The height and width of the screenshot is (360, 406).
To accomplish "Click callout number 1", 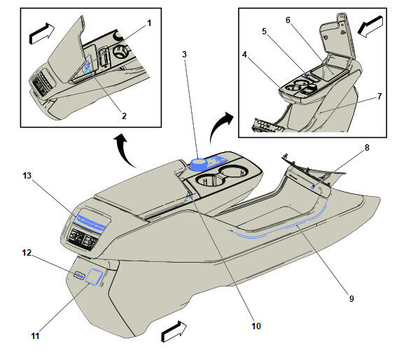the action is pyautogui.click(x=149, y=23).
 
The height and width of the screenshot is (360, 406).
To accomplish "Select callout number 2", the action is pyautogui.click(x=125, y=116).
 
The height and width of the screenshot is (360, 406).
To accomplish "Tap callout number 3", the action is pyautogui.click(x=184, y=55).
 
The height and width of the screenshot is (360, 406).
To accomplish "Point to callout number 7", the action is pyautogui.click(x=379, y=97).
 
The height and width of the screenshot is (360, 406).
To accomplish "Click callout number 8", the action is pyautogui.click(x=367, y=148).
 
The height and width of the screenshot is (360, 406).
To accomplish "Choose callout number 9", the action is pyautogui.click(x=351, y=298).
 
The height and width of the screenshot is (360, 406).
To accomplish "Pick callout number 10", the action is pyautogui.click(x=256, y=326).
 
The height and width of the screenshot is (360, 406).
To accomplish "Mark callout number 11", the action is pyautogui.click(x=35, y=336).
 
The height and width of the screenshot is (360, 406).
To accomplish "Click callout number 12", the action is pyautogui.click(x=27, y=253).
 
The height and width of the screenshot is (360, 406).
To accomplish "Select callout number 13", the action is pyautogui.click(x=27, y=176).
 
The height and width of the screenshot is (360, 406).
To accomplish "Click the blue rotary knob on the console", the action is pyautogui.click(x=198, y=165).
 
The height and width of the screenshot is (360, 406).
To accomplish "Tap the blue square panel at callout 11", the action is pyautogui.click(x=94, y=277).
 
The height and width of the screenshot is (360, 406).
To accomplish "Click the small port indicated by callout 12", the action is pyautogui.click(x=79, y=275).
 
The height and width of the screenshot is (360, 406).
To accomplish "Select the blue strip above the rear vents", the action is pyautogui.click(x=90, y=221).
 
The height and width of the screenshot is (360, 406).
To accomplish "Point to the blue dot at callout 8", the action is pyautogui.click(x=313, y=187).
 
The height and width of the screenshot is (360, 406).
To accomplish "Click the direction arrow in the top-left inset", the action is pyautogui.click(x=42, y=34).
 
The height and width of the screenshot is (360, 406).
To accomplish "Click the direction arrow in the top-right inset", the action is pyautogui.click(x=370, y=27).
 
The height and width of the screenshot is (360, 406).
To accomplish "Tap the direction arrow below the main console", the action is pyautogui.click(x=174, y=331).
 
